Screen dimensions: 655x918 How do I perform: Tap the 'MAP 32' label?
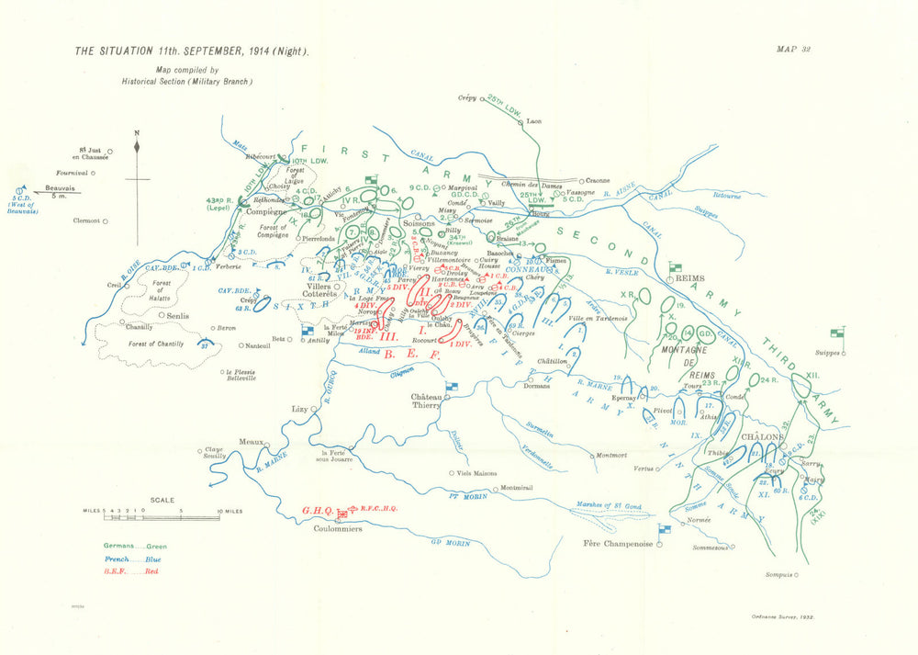pyautogui.click(x=790, y=51)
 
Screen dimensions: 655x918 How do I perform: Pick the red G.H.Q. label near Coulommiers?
pyautogui.click(x=318, y=511)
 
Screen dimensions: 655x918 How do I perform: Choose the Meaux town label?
pyautogui.click(x=252, y=442)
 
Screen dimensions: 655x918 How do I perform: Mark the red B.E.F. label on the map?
pyautogui.click(x=412, y=354)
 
